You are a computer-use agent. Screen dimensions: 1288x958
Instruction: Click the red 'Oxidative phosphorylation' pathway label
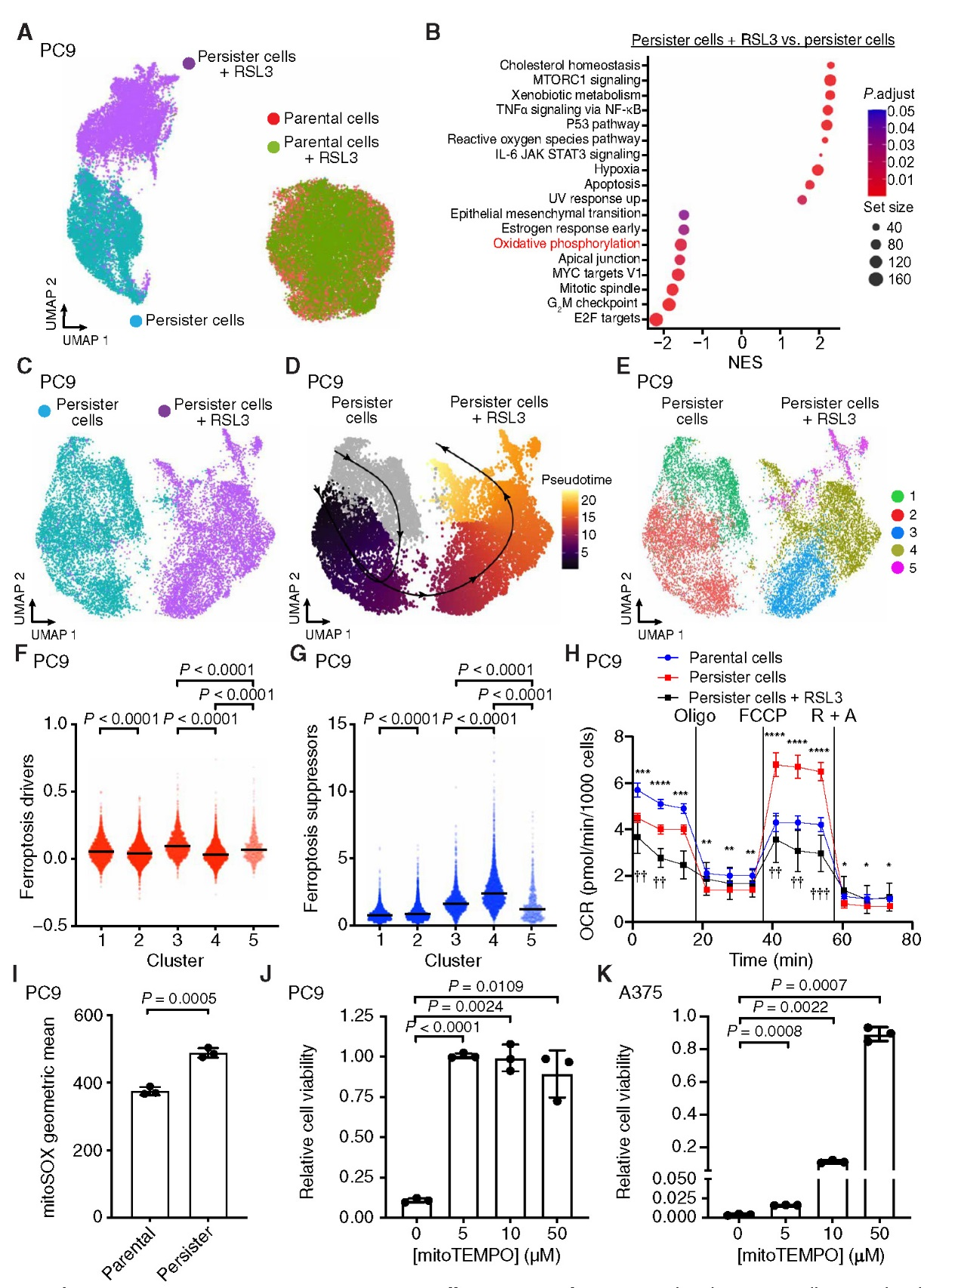566,244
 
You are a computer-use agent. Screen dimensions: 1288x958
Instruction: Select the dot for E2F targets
656,319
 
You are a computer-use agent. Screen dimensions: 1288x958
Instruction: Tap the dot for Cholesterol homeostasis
830,66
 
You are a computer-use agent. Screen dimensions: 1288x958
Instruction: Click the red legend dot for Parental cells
273,119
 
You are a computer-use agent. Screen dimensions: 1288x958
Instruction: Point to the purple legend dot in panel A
189,63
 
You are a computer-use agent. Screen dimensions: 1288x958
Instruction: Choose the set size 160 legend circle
876,279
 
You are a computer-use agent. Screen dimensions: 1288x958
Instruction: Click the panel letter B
432,32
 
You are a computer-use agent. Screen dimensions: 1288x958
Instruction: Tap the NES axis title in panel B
744,363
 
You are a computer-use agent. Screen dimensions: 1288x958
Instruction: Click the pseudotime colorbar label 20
589,500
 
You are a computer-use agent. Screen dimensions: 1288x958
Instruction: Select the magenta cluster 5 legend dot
898,568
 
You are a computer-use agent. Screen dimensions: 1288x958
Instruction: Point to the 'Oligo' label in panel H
694,716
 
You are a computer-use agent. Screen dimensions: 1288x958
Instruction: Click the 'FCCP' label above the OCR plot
762,716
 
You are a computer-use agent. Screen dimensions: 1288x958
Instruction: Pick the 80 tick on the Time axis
911,940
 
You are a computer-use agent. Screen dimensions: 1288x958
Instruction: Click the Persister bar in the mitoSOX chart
208,1134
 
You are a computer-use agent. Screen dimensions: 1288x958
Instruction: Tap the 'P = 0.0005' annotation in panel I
179,998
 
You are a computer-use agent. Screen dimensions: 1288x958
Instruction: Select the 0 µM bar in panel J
416,1207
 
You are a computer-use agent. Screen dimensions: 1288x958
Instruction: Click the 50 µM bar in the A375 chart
879,1125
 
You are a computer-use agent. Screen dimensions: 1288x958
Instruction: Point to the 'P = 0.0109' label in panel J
485,986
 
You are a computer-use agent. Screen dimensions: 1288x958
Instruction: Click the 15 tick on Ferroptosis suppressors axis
337,724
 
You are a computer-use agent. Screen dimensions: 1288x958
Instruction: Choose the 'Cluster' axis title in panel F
175,961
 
